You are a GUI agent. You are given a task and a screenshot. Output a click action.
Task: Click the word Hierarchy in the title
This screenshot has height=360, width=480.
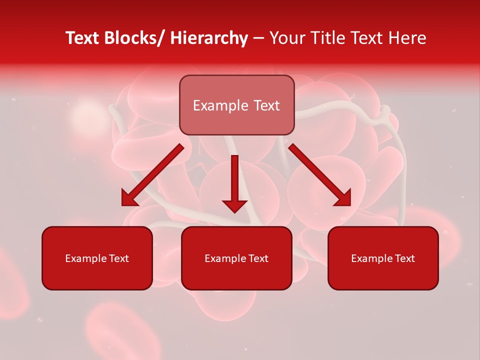click(x=209, y=38)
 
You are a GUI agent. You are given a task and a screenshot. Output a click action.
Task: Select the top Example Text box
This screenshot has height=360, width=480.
click(x=236, y=105)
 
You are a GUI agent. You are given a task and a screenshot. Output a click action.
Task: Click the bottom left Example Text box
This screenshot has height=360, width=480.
click(x=97, y=258)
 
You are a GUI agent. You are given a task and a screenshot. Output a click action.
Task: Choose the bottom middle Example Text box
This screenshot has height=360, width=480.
click(x=236, y=258)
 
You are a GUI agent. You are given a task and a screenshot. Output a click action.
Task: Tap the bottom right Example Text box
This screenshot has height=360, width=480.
click(x=383, y=258)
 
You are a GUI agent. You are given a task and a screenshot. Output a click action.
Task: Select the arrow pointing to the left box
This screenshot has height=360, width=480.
click(x=152, y=175)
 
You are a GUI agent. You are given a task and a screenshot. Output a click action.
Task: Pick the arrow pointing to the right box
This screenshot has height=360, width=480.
click(x=320, y=175)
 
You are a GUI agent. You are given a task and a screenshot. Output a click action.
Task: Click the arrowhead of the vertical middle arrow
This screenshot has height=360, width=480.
click(x=234, y=205)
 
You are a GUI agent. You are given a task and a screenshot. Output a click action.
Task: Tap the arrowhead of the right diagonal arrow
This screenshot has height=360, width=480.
click(x=343, y=198)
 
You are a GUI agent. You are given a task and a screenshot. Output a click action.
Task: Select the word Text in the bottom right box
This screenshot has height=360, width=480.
click(x=403, y=258)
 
